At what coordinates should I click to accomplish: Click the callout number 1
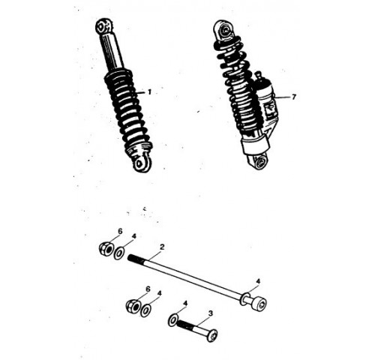pos(149,92)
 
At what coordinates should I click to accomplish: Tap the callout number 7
pos(294,97)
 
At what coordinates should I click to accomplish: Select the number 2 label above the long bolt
pos(162,247)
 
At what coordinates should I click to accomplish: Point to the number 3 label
pos(211,313)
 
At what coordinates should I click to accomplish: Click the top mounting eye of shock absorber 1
pos(103,26)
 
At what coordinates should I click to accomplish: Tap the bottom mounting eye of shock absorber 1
pos(141,163)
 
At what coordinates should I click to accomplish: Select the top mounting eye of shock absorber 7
pos(223,30)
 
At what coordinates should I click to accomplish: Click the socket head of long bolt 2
pos(259,304)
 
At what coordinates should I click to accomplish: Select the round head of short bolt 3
pos(211,335)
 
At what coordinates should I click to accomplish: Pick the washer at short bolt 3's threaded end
pos(173,320)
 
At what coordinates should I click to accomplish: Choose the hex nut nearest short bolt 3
pos(133,306)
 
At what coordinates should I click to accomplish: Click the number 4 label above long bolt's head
pos(258,281)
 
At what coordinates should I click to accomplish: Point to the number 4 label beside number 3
pos(185,303)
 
